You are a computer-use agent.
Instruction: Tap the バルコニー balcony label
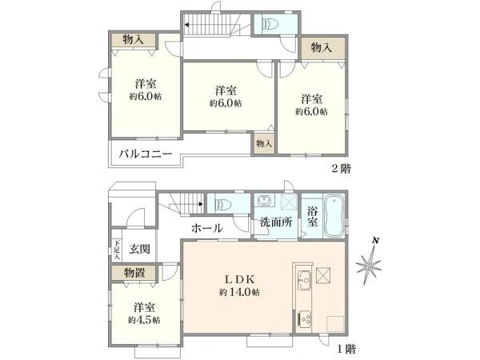click(146, 154)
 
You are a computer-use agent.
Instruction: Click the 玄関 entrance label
click(141, 250)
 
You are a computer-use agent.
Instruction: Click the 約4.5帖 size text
click(145, 319)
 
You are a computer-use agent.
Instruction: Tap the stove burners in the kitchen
click(305, 318)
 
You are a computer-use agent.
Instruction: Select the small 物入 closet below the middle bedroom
click(264, 144)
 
